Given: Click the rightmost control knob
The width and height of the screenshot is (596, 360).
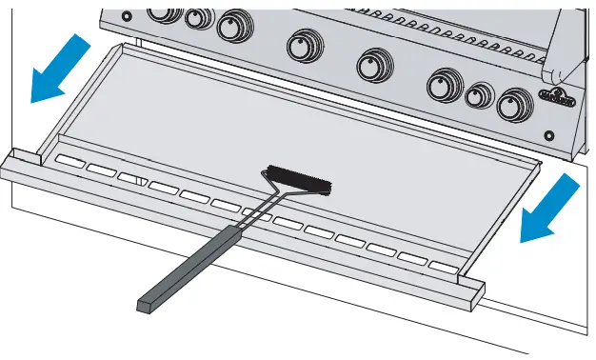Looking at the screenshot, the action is pyautogui.click(x=514, y=103).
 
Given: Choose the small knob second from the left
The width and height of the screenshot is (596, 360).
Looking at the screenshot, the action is pyautogui.click(x=199, y=17).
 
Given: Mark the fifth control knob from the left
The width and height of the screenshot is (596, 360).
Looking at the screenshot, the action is pyautogui.click(x=370, y=64).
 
